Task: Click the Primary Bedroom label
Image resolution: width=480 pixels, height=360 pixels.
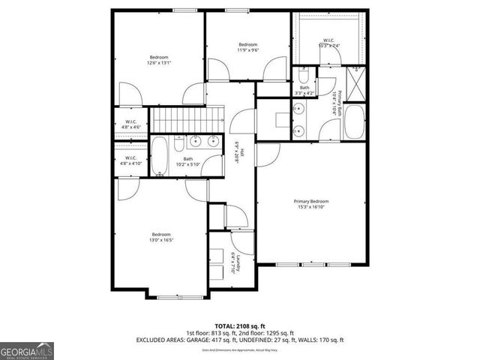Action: coord(311,201)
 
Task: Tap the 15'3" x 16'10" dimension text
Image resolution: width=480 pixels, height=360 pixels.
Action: coord(311,208)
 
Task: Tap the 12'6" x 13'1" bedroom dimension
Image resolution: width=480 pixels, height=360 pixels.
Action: coord(158,64)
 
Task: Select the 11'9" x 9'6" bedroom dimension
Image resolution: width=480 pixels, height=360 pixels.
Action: coord(248,51)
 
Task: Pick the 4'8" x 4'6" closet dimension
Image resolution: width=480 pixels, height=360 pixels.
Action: coord(130,127)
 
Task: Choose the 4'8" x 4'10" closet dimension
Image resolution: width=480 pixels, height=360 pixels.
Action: coord(130,163)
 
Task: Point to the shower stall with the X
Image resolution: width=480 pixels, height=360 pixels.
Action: coord(355,77)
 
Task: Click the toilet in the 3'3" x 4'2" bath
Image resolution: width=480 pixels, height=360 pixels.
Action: coord(304,76)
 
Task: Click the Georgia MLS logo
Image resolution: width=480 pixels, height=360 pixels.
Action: coord(27,349)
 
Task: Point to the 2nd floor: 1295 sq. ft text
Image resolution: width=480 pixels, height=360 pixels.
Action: coord(271,333)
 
